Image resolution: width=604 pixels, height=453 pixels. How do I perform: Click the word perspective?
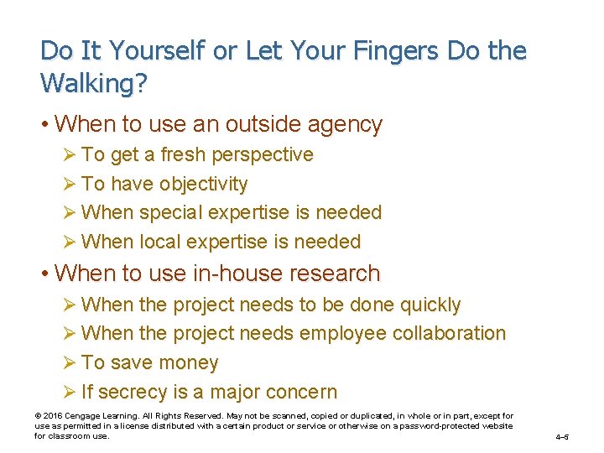(x=263, y=155)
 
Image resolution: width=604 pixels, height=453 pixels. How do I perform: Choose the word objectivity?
(x=204, y=185)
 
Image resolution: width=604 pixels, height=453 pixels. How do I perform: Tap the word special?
(x=169, y=213)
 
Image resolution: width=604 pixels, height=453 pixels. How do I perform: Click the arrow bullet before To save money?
(x=69, y=363)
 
